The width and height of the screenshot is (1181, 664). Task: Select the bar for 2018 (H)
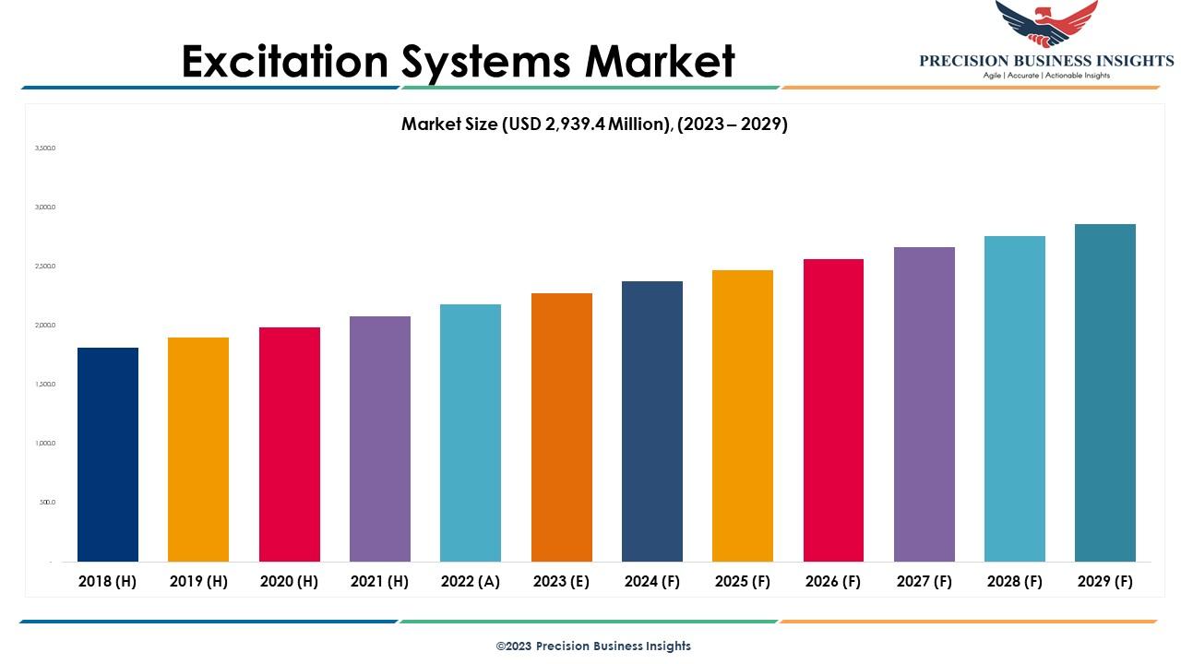[108, 455]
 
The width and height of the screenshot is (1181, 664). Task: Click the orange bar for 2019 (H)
[198, 449]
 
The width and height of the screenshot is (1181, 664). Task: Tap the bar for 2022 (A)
[471, 433]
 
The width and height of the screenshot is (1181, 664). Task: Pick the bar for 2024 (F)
[652, 421]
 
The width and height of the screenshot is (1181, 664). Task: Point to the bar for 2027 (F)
[925, 404]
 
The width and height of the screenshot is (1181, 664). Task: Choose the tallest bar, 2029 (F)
[1105, 393]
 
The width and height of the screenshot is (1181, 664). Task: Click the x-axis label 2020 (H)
[289, 582]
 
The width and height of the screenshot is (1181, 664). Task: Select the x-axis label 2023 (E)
[562, 582]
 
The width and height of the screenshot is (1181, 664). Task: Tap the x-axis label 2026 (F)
[833, 582]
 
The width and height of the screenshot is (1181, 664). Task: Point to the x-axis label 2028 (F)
[1015, 582]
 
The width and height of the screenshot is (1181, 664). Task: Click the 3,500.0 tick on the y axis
[45, 148]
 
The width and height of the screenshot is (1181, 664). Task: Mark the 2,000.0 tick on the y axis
[45, 326]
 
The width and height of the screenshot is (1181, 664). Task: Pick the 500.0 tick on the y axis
[47, 503]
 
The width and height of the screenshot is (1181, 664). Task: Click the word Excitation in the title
[284, 61]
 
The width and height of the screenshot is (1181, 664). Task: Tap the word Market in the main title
[660, 61]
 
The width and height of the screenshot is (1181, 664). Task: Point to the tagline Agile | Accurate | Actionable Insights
[1046, 76]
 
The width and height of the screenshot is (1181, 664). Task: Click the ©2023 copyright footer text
[593, 646]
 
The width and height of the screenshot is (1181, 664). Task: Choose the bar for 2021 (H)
[380, 439]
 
